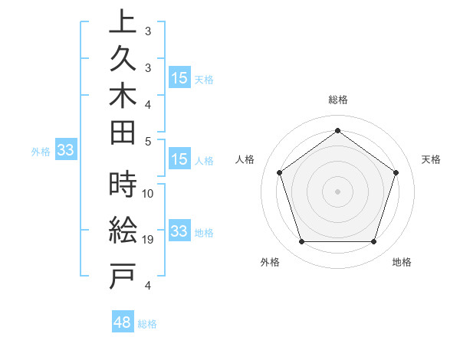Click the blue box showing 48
click(x=122, y=322)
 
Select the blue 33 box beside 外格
click(x=65, y=151)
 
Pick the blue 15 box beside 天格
click(x=179, y=78)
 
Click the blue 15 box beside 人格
click(x=179, y=160)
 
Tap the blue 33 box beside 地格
click(x=179, y=231)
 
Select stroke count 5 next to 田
click(x=148, y=141)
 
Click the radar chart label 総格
click(x=337, y=100)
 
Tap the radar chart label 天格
click(x=432, y=159)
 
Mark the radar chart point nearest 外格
click(x=301, y=242)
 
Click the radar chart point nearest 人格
click(x=279, y=172)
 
